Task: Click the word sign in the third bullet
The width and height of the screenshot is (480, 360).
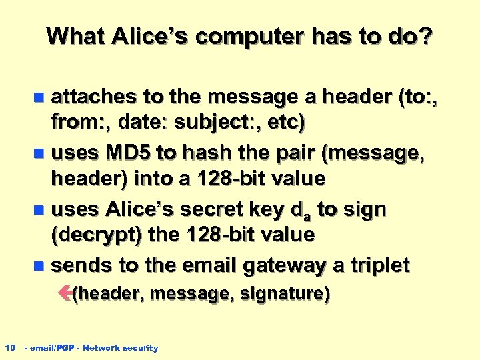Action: pos(364,209)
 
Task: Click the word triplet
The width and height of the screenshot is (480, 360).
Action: pos(376,265)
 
